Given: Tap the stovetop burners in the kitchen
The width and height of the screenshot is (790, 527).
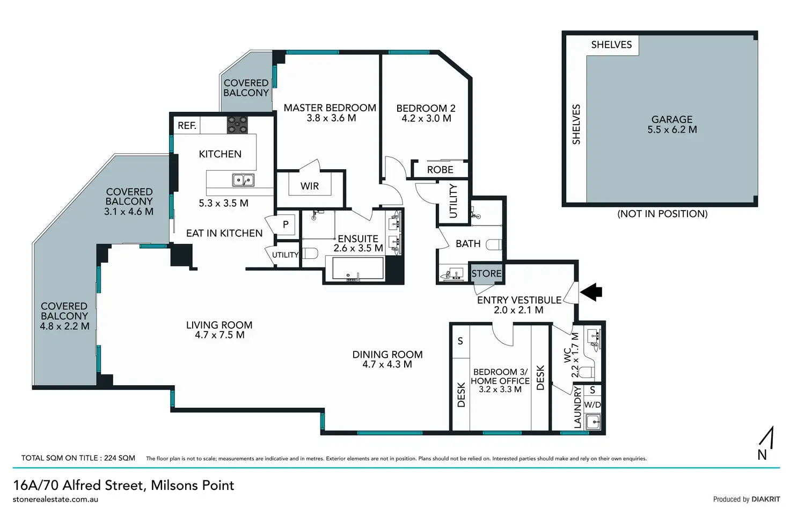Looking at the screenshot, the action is pyautogui.click(x=237, y=125).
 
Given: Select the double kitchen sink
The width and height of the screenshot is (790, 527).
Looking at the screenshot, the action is pyautogui.click(x=243, y=180).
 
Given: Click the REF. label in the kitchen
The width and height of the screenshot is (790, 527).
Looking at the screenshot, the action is pyautogui.click(x=187, y=126).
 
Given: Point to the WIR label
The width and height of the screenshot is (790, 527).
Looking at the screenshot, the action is pyautogui.click(x=309, y=186).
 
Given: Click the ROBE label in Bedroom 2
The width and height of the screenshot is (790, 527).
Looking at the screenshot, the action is pyautogui.click(x=440, y=170).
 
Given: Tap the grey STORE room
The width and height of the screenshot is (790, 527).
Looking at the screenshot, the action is pyautogui.click(x=486, y=273).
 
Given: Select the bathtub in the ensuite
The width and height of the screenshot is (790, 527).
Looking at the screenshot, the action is pyautogui.click(x=357, y=269).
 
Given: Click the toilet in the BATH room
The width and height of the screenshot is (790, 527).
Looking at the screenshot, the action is pyautogui.click(x=493, y=244).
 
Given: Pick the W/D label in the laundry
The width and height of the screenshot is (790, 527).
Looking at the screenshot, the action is pyautogui.click(x=592, y=405).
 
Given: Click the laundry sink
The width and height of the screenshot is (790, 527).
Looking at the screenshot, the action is pyautogui.click(x=593, y=422).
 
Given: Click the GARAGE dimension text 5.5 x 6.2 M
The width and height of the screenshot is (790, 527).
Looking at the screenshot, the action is pyautogui.click(x=672, y=130).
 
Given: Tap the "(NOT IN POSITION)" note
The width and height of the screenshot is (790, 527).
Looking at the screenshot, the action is pyautogui.click(x=662, y=214).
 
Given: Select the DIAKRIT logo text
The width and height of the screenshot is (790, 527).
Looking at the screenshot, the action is pyautogui.click(x=766, y=499).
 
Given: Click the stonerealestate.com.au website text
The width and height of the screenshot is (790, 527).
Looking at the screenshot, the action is pyautogui.click(x=55, y=500).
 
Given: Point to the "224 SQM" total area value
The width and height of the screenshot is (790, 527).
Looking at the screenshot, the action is pyautogui.click(x=120, y=458).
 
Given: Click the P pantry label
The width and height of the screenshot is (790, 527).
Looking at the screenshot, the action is pyautogui.click(x=286, y=224).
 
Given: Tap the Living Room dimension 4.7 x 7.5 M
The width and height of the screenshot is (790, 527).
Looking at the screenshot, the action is pyautogui.click(x=220, y=335).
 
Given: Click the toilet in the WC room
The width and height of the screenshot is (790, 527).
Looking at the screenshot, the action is pyautogui.click(x=587, y=372).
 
